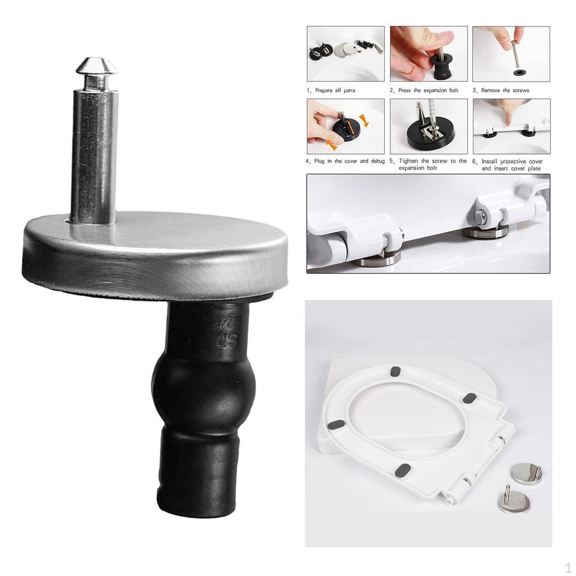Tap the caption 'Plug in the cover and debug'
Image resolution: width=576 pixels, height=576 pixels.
[x=345, y=161]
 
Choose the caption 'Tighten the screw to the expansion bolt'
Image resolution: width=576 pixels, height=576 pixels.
[x=428, y=164]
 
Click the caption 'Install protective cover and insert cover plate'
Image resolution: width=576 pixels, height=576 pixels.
[x=511, y=165]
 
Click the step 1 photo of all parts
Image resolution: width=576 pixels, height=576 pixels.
[x=345, y=53]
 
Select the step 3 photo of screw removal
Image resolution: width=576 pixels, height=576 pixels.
[x=511, y=53]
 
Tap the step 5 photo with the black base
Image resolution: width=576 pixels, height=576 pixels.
[x=428, y=126]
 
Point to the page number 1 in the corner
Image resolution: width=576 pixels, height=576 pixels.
[x=568, y=567]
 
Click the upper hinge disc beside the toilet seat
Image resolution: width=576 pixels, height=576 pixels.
[x=527, y=473]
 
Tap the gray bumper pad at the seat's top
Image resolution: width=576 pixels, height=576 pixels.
[x=395, y=371]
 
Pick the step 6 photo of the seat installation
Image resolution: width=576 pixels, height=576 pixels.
[x=511, y=126]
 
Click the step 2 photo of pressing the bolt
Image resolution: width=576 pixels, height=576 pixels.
[x=428, y=53]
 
